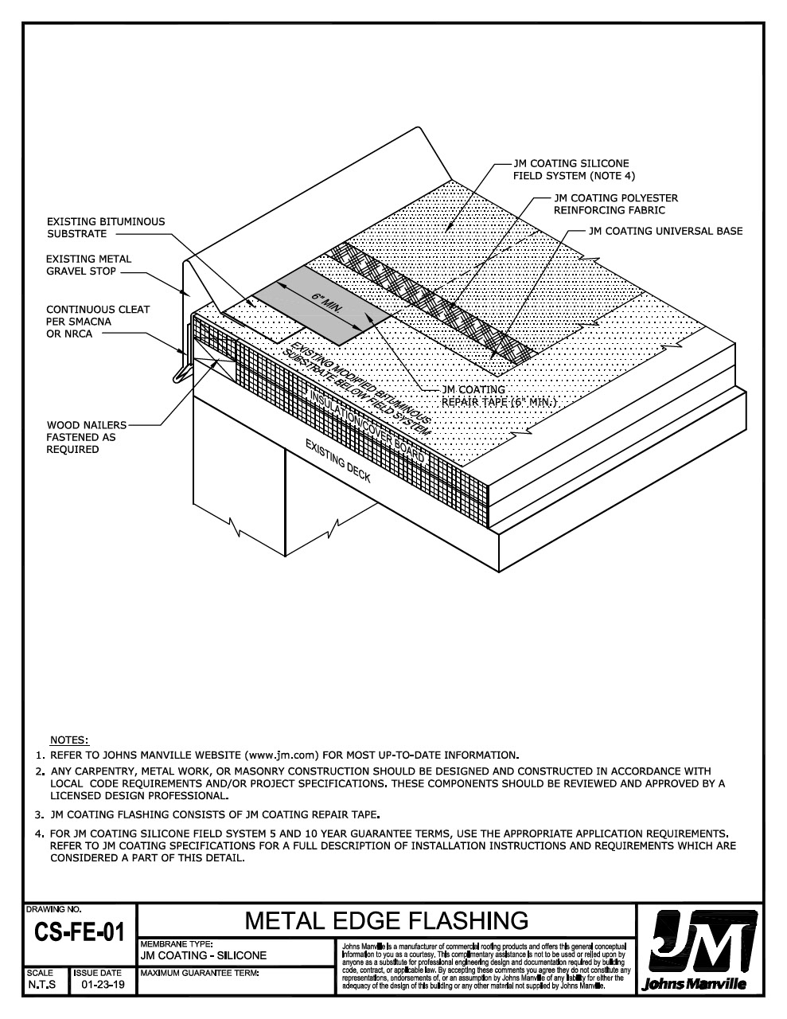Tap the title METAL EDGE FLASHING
387,921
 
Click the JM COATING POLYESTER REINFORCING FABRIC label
615,204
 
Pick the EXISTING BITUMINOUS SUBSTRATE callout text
106,228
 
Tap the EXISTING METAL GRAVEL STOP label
88,265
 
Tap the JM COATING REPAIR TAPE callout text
497,396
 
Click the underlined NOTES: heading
69,740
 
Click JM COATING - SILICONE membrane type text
203,955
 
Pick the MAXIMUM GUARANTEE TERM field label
200,973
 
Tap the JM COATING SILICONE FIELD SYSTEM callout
571,169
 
